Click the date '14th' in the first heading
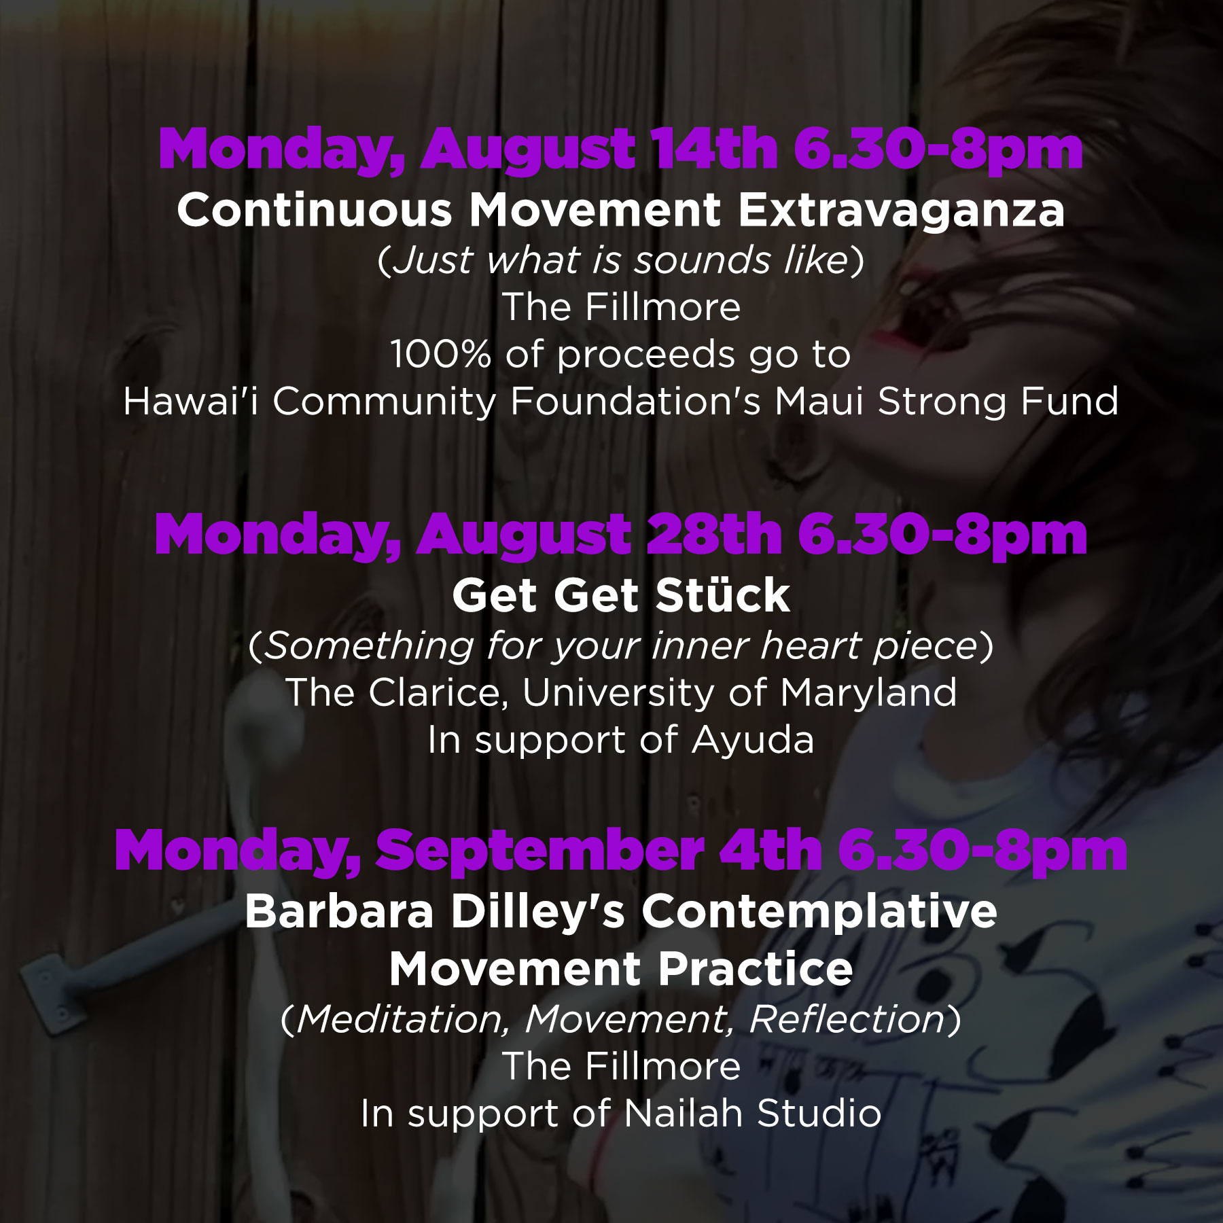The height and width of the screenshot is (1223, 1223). coord(713,149)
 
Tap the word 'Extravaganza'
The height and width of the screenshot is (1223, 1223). coord(902,211)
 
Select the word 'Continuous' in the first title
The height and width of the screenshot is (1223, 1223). coord(315,210)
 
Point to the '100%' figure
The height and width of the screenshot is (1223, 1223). coord(440,354)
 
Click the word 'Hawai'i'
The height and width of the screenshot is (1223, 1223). coord(191,401)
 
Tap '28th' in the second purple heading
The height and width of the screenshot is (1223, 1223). coord(714,535)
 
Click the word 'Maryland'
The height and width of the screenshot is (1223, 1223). coord(868,694)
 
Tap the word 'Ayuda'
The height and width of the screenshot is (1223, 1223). coord(753,741)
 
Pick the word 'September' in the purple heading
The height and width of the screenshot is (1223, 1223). coord(540,852)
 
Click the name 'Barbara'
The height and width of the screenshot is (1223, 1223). coord(339,911)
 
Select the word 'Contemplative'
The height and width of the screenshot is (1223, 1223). coord(819,912)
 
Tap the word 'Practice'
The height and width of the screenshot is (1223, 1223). coord(756,969)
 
